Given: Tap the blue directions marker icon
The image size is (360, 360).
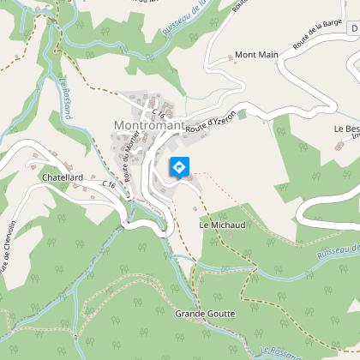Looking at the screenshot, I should [179, 166].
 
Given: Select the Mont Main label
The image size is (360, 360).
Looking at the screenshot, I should [257, 55].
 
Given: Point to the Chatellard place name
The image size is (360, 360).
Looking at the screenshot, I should [61, 177].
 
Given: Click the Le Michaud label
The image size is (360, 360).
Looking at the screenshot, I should [222, 225].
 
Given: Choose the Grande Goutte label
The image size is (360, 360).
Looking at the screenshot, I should [204, 315].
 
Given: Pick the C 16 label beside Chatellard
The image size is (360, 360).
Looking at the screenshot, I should [108, 184].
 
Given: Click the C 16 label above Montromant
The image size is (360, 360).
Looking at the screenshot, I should [158, 111].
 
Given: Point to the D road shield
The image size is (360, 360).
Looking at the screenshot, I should [353, 29].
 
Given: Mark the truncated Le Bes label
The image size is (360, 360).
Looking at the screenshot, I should [345, 129].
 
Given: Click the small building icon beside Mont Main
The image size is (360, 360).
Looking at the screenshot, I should [231, 59].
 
